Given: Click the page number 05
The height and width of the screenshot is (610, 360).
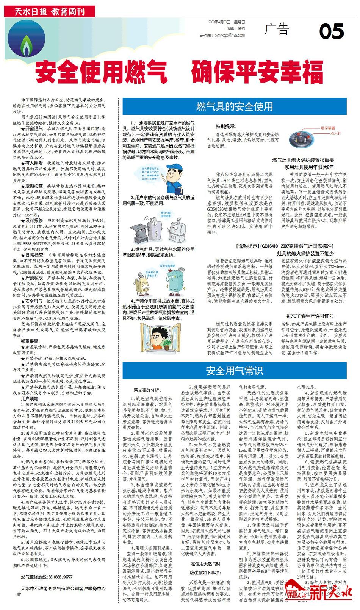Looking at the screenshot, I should (331, 31).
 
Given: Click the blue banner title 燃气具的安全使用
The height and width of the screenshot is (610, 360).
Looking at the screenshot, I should (234, 106).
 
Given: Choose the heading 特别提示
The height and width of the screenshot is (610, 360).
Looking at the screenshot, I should (225, 126).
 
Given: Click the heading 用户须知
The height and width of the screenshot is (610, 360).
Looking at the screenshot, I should (29, 399).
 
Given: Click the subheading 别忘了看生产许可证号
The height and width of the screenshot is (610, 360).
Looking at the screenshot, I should (310, 316).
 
